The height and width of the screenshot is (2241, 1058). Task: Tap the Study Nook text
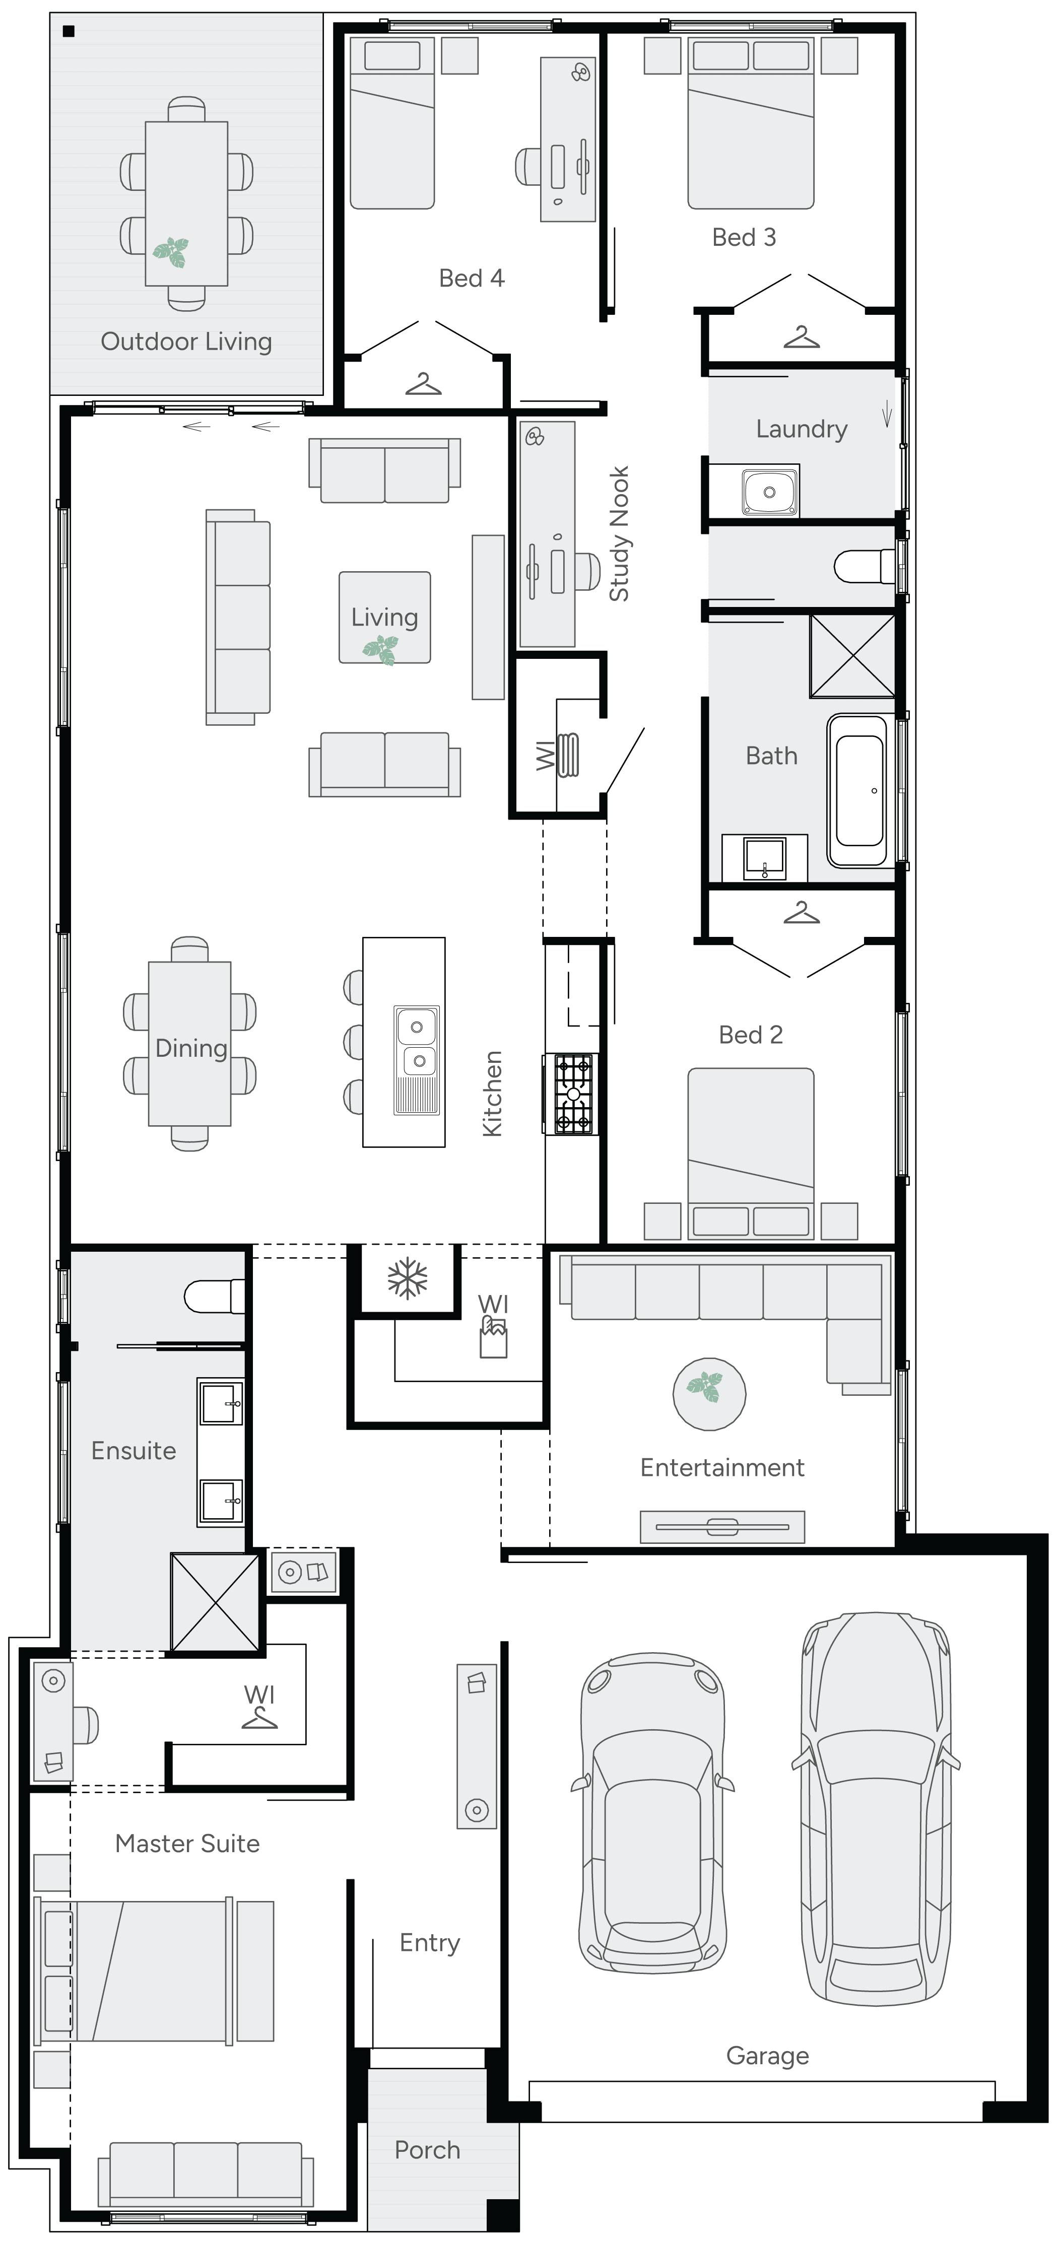click(x=619, y=533)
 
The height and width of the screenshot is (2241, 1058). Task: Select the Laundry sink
click(x=769, y=492)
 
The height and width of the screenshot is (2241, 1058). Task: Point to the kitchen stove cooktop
click(x=572, y=1094)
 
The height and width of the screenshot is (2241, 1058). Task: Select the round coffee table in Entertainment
click(x=709, y=1394)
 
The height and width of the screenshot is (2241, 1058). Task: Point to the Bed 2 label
click(x=750, y=1035)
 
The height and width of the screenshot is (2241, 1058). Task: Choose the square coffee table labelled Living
click(x=384, y=618)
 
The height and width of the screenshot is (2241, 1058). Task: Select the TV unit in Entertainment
click(x=722, y=1527)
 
